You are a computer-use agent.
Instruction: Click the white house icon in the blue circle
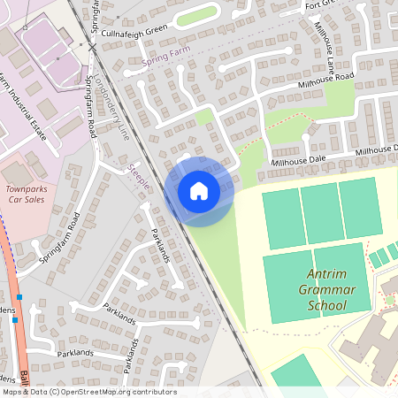click(x=199, y=190)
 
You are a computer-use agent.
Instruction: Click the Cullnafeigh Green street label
click(x=134, y=30)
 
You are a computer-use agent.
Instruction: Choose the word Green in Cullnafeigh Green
click(x=156, y=30)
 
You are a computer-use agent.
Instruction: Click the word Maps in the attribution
click(x=13, y=392)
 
